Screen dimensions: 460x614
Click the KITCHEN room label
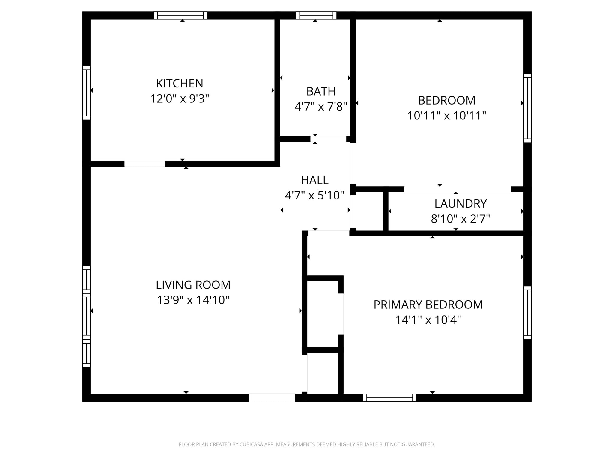click(x=180, y=83)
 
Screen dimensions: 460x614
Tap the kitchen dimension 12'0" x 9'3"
click(x=180, y=99)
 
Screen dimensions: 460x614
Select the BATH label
click(x=321, y=91)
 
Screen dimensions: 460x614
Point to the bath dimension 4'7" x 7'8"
click(x=321, y=107)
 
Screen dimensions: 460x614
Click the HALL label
click(x=314, y=180)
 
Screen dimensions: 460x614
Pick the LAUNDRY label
click(x=460, y=204)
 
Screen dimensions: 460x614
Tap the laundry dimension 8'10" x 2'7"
click(x=460, y=219)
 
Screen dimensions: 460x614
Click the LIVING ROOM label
click(x=193, y=285)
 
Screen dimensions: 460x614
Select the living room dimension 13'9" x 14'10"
click(x=193, y=300)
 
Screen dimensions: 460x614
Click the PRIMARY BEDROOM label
click(x=428, y=305)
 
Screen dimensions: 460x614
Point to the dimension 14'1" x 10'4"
click(x=428, y=320)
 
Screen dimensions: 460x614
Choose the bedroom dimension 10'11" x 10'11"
click(x=446, y=116)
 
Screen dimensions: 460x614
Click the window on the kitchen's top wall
click(x=180, y=16)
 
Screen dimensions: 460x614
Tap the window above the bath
click(x=316, y=16)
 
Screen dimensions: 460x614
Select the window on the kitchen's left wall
click(x=86, y=93)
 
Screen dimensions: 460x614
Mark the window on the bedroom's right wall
click(x=527, y=108)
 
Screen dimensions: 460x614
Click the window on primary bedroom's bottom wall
click(x=389, y=398)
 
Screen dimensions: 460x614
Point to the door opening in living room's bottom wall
click(x=272, y=398)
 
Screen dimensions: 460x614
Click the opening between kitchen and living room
click(x=145, y=164)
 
